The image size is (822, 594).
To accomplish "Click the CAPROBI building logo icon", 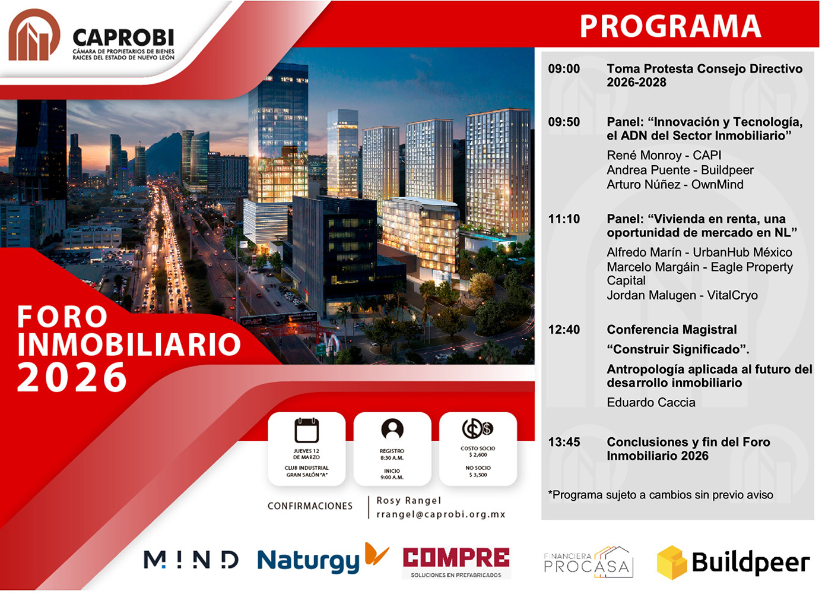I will [x=34, y=36].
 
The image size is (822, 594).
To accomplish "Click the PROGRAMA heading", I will [x=670, y=26].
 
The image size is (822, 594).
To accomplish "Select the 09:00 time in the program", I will [x=564, y=69].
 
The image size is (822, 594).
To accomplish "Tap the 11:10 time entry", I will [x=564, y=219].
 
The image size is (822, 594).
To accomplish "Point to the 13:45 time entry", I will [x=564, y=443].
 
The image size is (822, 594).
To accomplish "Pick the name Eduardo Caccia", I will [x=650, y=403].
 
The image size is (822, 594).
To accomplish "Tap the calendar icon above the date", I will [x=307, y=430].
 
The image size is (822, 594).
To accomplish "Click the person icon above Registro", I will [x=392, y=429].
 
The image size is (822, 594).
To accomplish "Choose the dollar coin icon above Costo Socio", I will [x=478, y=428].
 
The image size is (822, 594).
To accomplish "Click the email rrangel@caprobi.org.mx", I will [x=440, y=514].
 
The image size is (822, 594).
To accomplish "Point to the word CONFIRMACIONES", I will [x=310, y=506].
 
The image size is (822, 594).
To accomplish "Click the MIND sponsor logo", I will [x=191, y=560].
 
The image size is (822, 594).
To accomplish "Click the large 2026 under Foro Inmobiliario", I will [x=72, y=378].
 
